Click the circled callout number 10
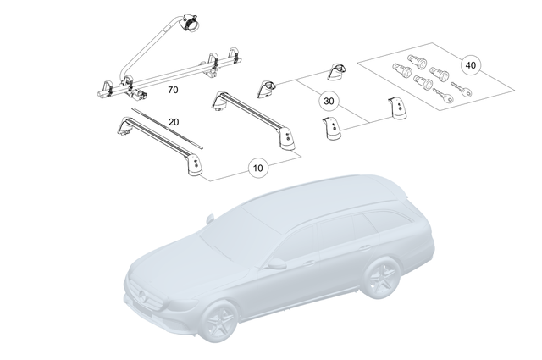(258, 168)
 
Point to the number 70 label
(172, 88)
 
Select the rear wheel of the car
(382, 280)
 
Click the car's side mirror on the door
(276, 263)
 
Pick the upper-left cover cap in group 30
(268, 88)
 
